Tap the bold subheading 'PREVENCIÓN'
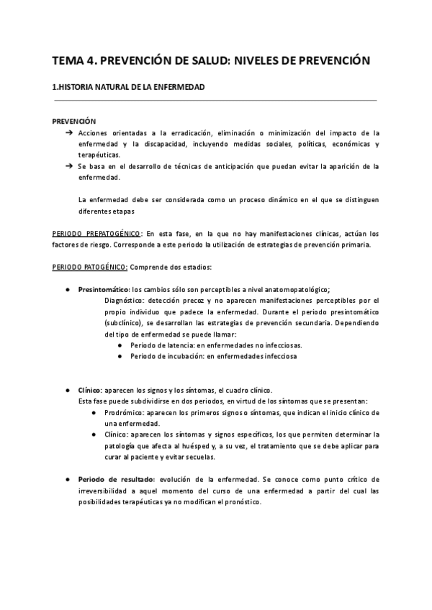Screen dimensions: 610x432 [74, 122]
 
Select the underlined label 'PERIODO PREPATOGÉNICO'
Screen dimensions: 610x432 [96, 234]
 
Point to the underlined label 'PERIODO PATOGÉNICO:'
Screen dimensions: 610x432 [91, 268]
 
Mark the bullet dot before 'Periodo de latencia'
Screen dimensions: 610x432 [120, 345]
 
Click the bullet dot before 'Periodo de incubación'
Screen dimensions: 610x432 [120, 356]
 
